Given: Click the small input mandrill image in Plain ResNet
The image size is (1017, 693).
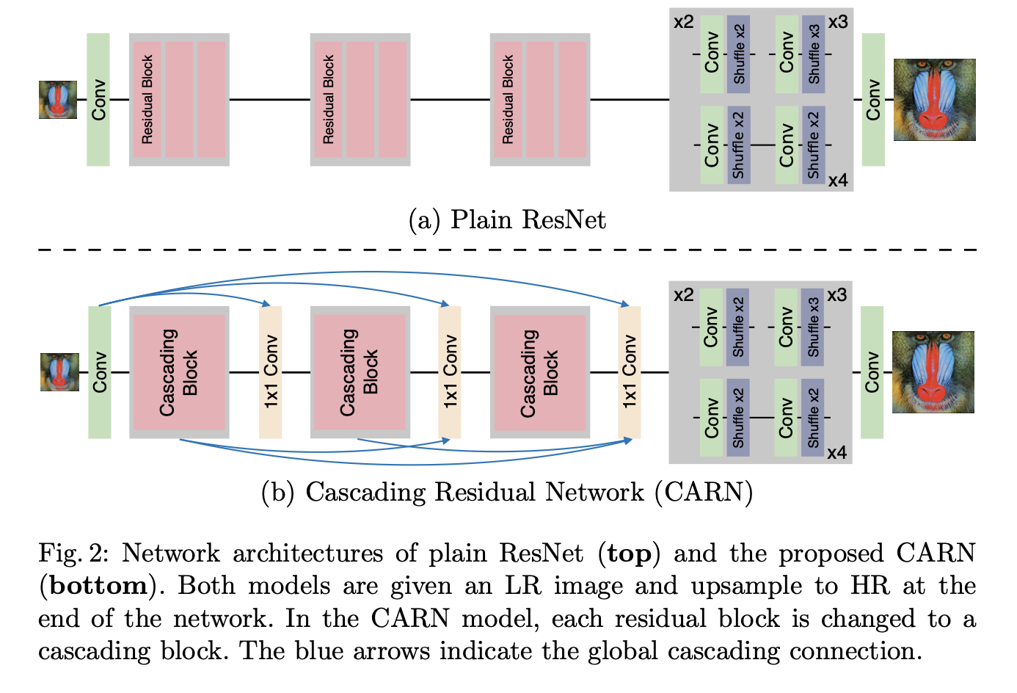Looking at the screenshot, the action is (x=58, y=100).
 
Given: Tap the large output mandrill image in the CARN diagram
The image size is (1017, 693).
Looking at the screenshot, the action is (x=933, y=372).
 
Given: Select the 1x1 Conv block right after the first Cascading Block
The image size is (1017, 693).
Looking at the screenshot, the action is (x=270, y=372).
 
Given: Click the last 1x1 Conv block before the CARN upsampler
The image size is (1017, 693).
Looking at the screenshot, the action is (x=630, y=372).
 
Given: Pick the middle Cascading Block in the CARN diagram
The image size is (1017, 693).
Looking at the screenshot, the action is (x=360, y=372).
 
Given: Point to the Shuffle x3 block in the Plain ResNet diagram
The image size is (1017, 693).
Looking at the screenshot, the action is (x=814, y=54).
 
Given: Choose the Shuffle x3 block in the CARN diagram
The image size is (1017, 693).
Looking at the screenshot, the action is (x=812, y=327).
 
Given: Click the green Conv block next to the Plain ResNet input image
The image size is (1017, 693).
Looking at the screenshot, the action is (x=98, y=99).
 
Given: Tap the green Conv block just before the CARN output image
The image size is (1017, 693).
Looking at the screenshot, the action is (x=872, y=372).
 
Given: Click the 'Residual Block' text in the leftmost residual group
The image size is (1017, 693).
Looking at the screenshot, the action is (x=147, y=99).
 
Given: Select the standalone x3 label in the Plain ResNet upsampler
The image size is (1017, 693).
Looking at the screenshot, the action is (x=838, y=22).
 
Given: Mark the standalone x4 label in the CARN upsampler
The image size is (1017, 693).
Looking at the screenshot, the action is (x=836, y=452).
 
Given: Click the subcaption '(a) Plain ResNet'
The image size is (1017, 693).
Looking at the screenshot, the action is (x=507, y=219).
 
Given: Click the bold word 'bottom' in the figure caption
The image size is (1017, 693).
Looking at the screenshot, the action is (x=98, y=585).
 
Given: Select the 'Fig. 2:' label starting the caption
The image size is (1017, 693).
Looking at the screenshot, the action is (x=73, y=554).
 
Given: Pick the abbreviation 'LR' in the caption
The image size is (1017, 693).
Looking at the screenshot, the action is (x=523, y=585).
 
